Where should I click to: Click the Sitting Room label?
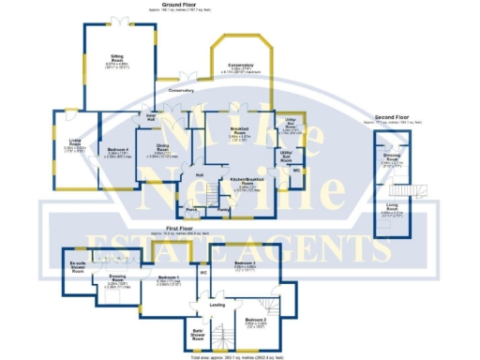118,59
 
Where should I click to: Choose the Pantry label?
223,211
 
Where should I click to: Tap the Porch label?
191,211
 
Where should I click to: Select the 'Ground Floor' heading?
240,4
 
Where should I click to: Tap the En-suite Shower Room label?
78,266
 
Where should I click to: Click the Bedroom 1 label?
168,278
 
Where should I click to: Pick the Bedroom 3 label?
255,320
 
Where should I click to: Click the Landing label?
217,305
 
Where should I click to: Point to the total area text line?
240,356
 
